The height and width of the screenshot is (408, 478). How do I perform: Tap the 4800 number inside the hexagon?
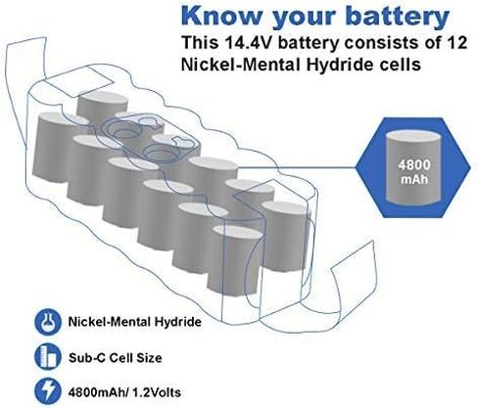click(414, 164)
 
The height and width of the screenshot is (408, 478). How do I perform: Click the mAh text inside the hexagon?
click(414, 179)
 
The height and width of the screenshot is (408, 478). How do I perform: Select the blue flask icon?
click(48, 322)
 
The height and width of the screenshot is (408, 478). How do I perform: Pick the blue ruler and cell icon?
click(48, 356)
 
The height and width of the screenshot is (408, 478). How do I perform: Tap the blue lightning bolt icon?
click(48, 391)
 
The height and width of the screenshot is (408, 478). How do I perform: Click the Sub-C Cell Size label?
click(115, 358)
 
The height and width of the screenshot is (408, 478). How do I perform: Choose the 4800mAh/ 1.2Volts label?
click(124, 392)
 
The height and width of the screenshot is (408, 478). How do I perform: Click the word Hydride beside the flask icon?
click(177, 322)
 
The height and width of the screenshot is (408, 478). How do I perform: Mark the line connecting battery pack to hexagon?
click(296, 167)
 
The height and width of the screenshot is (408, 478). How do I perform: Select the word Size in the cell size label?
click(149, 358)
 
